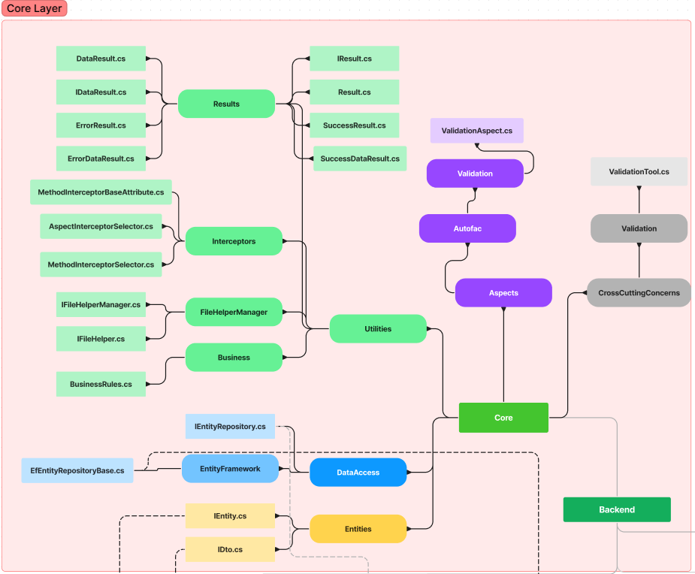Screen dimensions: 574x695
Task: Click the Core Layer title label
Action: point(35,9)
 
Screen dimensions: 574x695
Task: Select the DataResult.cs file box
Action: point(101,59)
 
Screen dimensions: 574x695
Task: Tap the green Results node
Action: point(226,104)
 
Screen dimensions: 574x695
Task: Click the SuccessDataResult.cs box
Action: point(360,159)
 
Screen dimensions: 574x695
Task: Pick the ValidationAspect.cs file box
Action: point(476,131)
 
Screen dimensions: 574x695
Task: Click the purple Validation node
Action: point(475,174)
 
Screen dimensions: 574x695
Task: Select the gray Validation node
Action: point(639,228)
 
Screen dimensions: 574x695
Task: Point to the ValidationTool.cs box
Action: point(639,172)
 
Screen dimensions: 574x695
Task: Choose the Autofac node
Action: point(467,228)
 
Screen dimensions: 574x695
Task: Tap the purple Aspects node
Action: point(503,293)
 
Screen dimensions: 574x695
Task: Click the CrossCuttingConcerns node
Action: point(639,293)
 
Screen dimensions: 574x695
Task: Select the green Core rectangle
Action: point(503,418)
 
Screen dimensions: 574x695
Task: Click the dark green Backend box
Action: point(617,509)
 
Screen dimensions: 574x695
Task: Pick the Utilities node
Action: point(378,329)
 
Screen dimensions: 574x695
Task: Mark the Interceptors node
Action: point(234,241)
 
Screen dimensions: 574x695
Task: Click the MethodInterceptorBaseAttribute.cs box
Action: point(101,192)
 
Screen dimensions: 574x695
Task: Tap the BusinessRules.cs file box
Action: point(101,384)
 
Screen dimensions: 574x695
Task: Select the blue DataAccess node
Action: point(358,473)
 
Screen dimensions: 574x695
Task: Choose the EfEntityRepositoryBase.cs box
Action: point(77,470)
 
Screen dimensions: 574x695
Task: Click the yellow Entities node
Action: point(358,529)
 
